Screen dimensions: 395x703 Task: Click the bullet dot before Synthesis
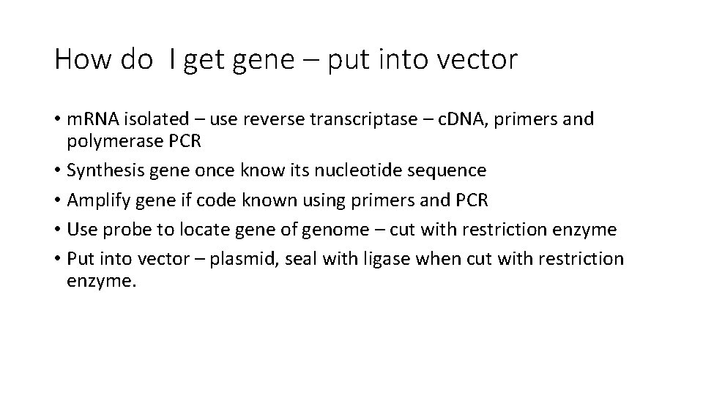coord(57,170)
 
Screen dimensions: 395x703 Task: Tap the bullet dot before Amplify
coord(57,200)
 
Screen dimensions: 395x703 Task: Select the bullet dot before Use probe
coord(57,230)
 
